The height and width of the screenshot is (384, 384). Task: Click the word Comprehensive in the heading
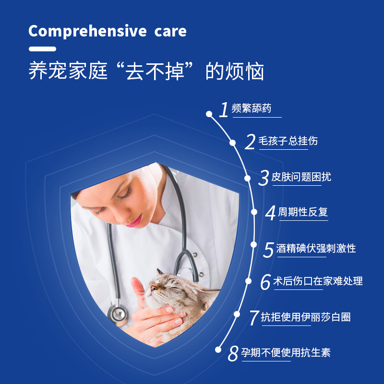coord(87,31)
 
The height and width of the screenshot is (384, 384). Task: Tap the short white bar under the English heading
coord(42,49)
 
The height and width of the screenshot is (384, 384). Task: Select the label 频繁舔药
coord(251,108)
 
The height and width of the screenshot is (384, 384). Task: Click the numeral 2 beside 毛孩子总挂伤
coord(250,142)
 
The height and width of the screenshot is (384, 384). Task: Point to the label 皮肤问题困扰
coord(301,177)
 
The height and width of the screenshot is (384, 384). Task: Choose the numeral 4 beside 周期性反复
coord(270,213)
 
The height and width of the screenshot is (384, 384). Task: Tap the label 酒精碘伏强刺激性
coord(316,248)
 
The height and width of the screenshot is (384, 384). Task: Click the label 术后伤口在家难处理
coord(318,281)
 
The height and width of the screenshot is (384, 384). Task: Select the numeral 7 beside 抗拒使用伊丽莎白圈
coord(254,318)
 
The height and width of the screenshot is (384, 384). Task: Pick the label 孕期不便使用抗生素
coord(286,352)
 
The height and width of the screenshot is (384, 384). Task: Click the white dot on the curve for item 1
coord(209,114)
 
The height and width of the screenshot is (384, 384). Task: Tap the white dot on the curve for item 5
coord(254,244)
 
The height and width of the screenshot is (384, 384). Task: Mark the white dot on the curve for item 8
coord(218,349)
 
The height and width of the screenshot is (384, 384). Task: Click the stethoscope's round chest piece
coord(118,314)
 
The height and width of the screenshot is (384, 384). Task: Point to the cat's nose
coord(154,288)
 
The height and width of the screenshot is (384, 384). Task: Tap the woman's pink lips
coord(135,221)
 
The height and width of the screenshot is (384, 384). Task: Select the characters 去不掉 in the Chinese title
coord(155,71)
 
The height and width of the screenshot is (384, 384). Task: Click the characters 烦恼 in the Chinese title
coord(245,71)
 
